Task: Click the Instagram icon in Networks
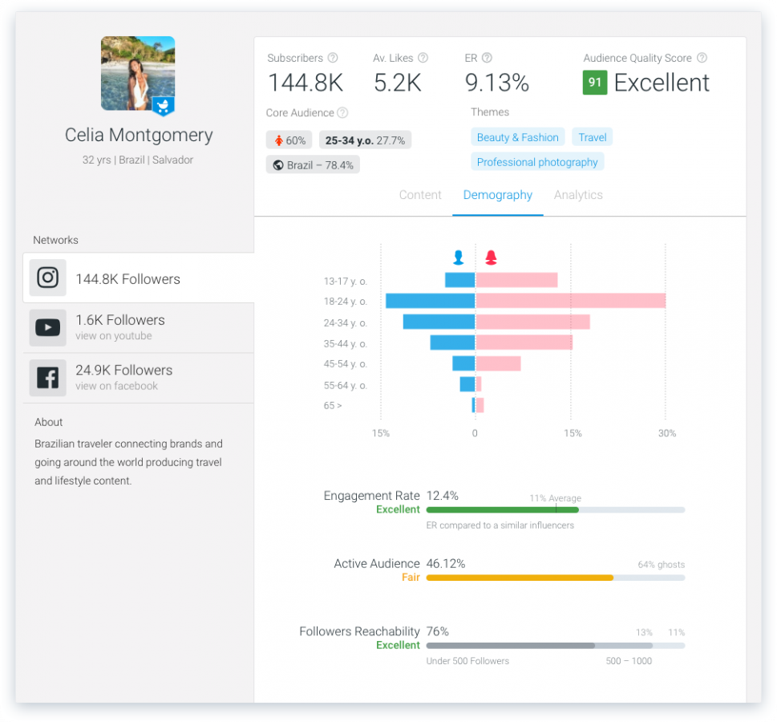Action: [x=48, y=278]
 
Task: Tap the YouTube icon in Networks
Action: [x=48, y=327]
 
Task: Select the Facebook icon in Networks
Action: [x=48, y=378]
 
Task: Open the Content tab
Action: [x=420, y=195]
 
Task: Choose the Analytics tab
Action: [x=578, y=195]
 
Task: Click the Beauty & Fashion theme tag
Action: [x=517, y=137]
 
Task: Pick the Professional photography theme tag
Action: [x=537, y=162]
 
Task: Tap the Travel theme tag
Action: [x=593, y=137]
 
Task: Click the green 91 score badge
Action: [x=595, y=83]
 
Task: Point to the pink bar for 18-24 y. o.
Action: [x=571, y=301]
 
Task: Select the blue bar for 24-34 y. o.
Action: [x=439, y=322]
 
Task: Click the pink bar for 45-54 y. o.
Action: [x=498, y=363]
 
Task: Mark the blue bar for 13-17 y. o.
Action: [x=460, y=280]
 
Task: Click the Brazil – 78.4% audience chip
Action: [x=313, y=164]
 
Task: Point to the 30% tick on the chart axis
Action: [x=666, y=433]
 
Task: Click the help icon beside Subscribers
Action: [x=333, y=58]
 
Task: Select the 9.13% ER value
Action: [x=497, y=83]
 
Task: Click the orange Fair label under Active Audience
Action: [x=411, y=577]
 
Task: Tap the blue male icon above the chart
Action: [x=459, y=258]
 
